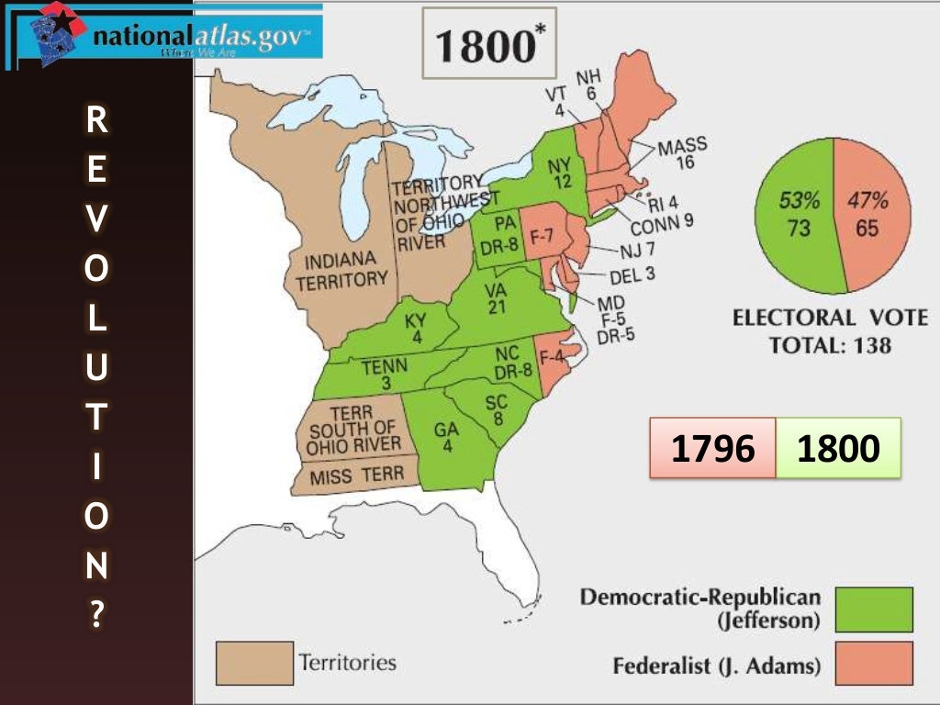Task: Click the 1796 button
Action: tap(712, 448)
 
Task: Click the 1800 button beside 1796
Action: tap(838, 448)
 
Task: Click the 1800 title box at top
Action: tap(489, 43)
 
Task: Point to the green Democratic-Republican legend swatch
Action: tap(873, 610)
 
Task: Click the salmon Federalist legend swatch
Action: tap(873, 663)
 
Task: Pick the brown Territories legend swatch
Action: tap(254, 663)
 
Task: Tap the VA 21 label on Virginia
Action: tap(497, 297)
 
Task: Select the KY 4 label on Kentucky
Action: tap(415, 329)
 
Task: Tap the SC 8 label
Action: tap(497, 410)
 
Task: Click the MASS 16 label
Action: tap(684, 153)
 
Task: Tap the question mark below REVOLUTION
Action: tap(96, 616)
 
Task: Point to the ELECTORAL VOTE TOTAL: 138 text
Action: tap(830, 332)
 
